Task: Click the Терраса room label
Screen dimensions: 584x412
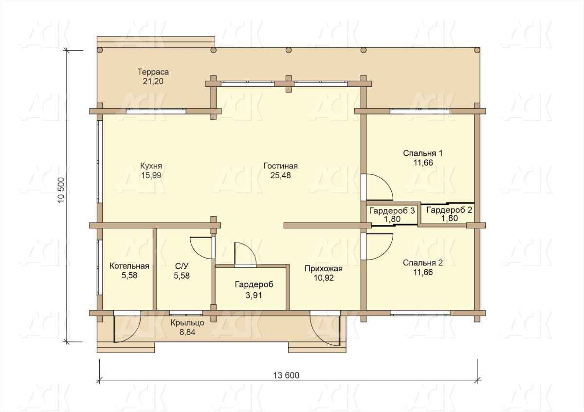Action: click(x=153, y=72)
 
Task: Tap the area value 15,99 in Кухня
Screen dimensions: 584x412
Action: click(x=151, y=175)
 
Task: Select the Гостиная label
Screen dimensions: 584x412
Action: click(x=280, y=166)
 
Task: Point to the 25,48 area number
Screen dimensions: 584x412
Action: click(x=280, y=175)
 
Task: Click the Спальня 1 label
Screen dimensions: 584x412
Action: click(x=423, y=153)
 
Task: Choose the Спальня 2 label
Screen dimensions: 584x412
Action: click(x=423, y=263)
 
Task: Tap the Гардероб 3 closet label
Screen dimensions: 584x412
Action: click(x=392, y=210)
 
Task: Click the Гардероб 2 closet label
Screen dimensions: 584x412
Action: click(x=450, y=210)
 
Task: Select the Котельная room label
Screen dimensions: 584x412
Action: click(x=129, y=266)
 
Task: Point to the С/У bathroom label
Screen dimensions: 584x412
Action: click(x=182, y=266)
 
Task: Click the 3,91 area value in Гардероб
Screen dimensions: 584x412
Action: click(x=254, y=296)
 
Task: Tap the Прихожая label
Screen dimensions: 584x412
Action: click(x=324, y=268)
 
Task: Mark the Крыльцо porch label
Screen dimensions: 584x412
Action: click(x=187, y=323)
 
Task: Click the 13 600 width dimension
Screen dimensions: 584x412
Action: click(x=286, y=375)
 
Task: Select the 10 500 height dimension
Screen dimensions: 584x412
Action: click(x=61, y=190)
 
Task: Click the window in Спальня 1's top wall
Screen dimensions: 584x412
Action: click(x=420, y=112)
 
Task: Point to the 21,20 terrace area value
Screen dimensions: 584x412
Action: click(x=153, y=81)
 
